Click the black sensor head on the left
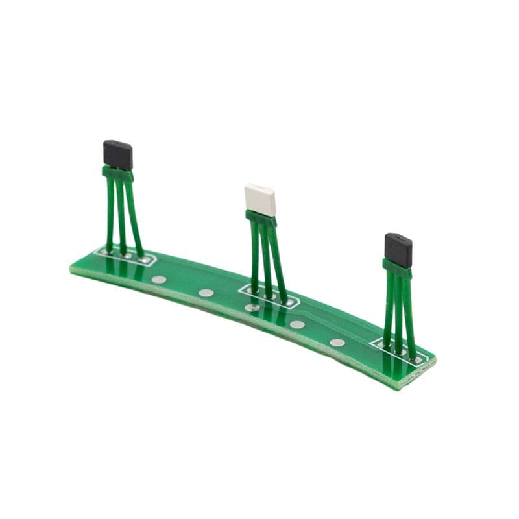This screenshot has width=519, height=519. click(118, 154)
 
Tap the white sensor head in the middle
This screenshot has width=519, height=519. click(259, 200)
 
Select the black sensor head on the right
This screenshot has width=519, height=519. click(398, 248)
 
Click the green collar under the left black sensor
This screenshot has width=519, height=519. click(118, 173)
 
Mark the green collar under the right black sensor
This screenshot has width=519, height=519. click(396, 267)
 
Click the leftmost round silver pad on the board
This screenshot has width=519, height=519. click(158, 280)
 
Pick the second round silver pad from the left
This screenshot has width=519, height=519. click(206, 293)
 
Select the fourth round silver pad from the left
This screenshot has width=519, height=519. click(297, 324)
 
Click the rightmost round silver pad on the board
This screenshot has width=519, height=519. click(337, 343)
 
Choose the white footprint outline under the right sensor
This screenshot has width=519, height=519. click(400, 350)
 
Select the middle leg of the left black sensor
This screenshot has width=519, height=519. click(121, 214)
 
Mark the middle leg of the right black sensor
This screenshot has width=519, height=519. click(399, 311)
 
